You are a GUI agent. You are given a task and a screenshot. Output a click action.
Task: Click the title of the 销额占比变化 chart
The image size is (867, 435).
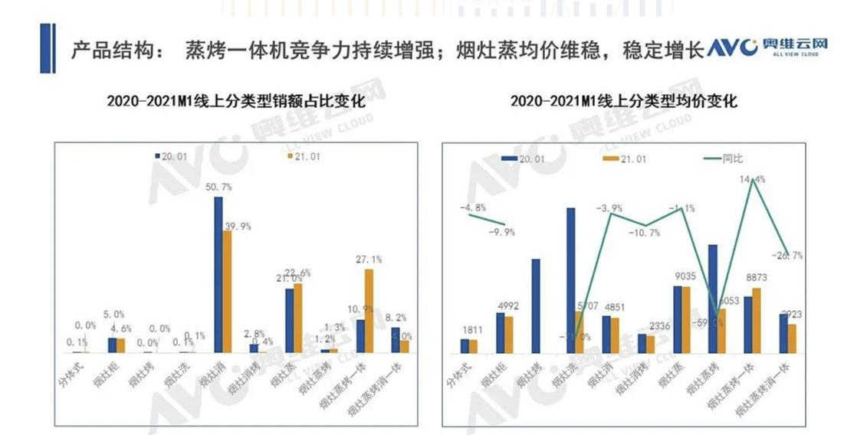click(x=235, y=100)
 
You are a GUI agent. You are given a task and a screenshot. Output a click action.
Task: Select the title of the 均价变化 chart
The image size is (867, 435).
click(x=623, y=100)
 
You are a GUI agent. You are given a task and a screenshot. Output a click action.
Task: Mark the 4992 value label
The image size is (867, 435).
click(x=507, y=305)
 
